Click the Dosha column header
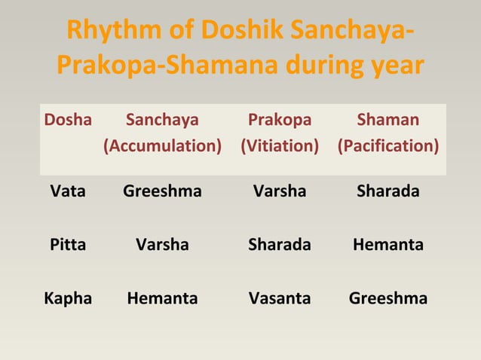(68, 121)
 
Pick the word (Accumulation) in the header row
(162, 145)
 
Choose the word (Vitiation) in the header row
(280, 145)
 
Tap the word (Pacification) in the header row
(388, 145)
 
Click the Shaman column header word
(388, 121)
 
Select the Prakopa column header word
(280, 121)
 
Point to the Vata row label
(68, 191)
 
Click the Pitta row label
(68, 245)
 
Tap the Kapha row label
(68, 298)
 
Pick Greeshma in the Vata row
(162, 191)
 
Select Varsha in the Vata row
(280, 191)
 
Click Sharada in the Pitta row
(280, 245)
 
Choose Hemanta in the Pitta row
(388, 245)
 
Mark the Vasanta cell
(280, 298)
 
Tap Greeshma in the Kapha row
(388, 298)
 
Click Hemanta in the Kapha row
(162, 298)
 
